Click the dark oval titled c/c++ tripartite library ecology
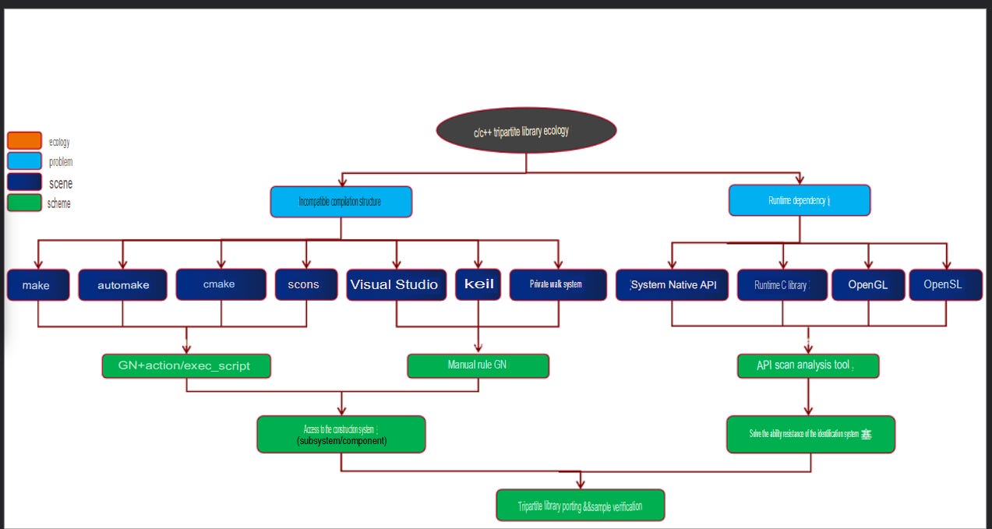526,131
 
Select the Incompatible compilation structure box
341,202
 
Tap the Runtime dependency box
799,201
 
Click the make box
37,285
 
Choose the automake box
123,285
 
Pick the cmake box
221,284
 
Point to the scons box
305,284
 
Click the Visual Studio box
397,284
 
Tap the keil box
478,284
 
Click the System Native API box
672,285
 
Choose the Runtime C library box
782,285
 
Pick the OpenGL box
868,285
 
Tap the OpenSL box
945,285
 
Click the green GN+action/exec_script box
186,365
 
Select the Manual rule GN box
478,365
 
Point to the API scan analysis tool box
807,365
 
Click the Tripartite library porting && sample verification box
580,506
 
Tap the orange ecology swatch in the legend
24,141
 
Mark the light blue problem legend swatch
24,161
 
